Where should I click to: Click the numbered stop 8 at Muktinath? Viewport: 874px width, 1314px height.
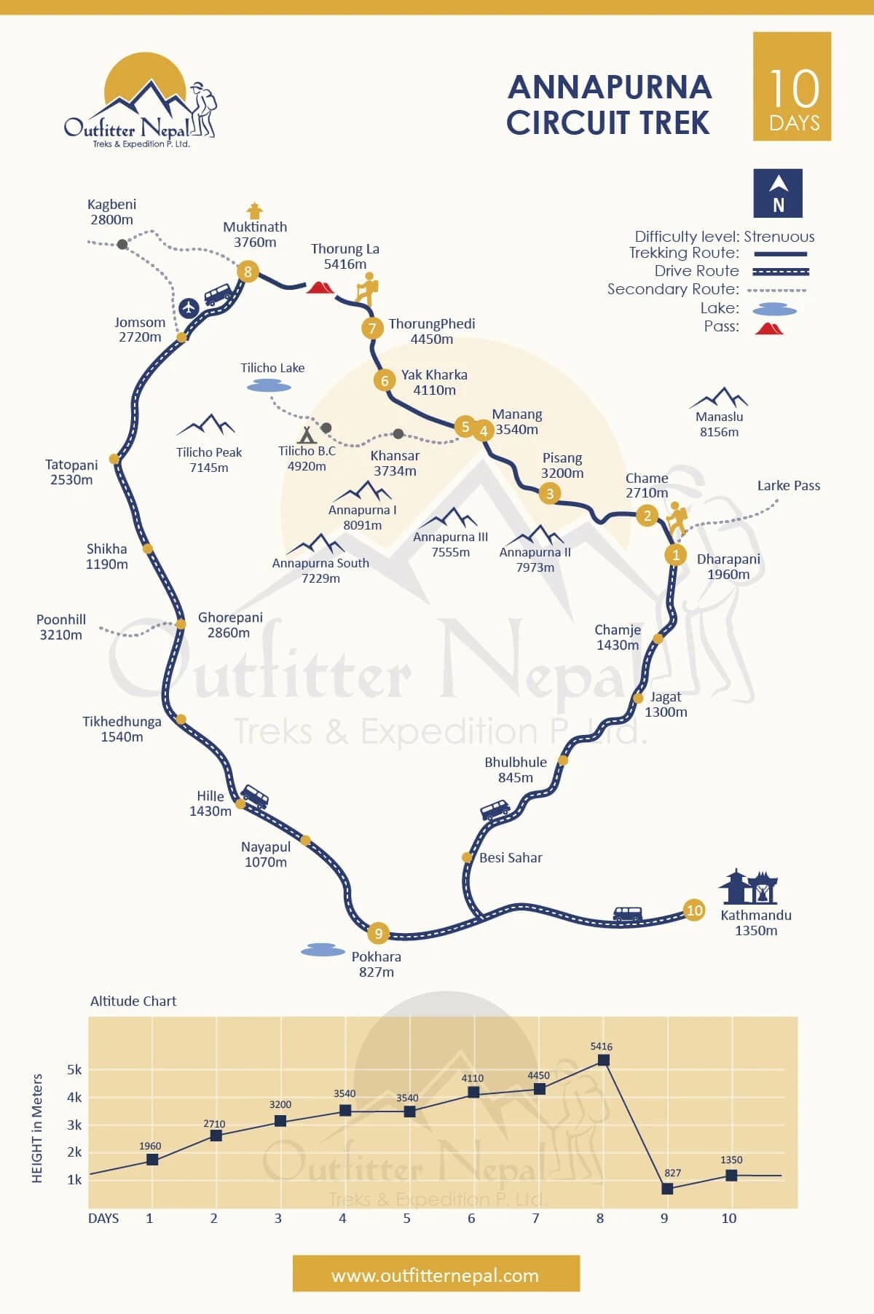point(248,272)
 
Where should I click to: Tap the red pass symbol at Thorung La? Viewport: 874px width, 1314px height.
point(320,287)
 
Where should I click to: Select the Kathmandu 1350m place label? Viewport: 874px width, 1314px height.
point(755,922)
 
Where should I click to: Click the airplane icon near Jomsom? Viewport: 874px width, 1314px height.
point(189,307)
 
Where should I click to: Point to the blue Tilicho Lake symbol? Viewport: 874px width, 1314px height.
point(269,387)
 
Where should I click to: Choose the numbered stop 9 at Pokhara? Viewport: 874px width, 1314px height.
point(378,932)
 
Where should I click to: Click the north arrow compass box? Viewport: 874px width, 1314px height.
point(778,193)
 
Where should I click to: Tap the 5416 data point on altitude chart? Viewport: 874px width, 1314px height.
point(603,1060)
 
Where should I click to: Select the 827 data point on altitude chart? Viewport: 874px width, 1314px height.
point(667,1188)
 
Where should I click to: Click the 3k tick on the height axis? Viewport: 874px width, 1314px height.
point(74,1125)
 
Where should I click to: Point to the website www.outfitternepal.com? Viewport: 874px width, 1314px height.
point(436,1275)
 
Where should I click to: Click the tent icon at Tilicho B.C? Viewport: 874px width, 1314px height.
point(307,435)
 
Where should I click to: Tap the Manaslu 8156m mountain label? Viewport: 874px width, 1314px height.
point(719,424)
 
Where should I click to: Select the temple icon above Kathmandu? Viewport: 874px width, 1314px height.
point(749,886)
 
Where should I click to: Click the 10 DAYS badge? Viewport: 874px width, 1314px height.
point(792,87)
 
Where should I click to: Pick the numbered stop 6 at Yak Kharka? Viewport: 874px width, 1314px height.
point(385,379)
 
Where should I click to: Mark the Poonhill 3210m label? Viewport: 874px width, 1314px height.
point(61,627)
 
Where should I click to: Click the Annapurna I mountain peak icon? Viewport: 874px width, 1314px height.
point(362,491)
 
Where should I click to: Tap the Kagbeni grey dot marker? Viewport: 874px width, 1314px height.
point(122,244)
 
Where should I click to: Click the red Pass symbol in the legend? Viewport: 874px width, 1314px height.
point(768,328)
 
